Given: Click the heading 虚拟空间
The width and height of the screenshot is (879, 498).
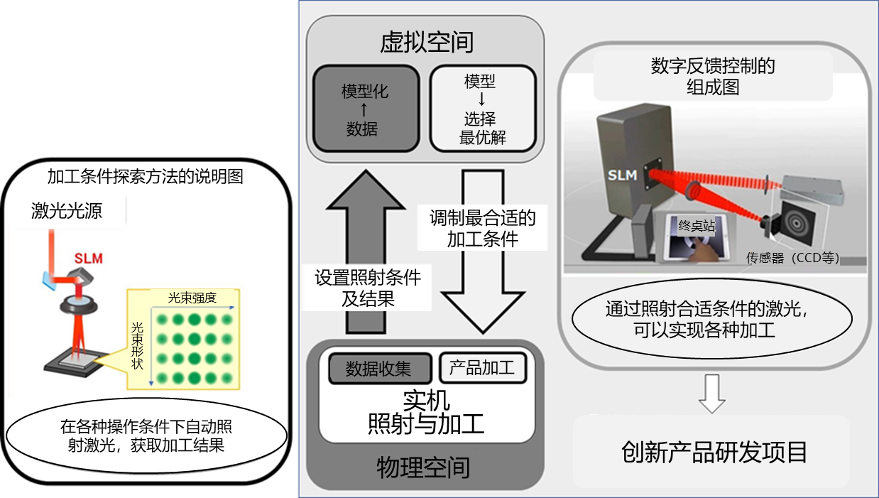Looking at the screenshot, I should pos(426,42).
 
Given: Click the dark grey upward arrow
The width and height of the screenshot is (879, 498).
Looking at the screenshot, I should pos(364,234).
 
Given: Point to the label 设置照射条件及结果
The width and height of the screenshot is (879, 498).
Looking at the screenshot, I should pos(368,288).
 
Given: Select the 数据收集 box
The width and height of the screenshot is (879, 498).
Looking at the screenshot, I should pos(378,369).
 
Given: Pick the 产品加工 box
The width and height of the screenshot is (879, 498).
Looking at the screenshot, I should pos(482,368).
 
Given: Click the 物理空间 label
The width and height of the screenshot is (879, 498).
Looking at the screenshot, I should pos(423,467).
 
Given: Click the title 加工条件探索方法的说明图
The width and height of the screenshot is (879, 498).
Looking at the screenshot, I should pos(145,175).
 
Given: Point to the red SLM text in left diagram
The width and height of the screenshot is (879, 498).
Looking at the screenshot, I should pos(88,259).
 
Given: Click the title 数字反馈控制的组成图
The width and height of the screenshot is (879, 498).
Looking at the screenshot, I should pos(712,77).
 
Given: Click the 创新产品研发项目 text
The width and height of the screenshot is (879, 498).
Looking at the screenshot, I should pos(714,452).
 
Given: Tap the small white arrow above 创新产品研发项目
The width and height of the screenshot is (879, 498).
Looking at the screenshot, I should pos(712,393).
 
